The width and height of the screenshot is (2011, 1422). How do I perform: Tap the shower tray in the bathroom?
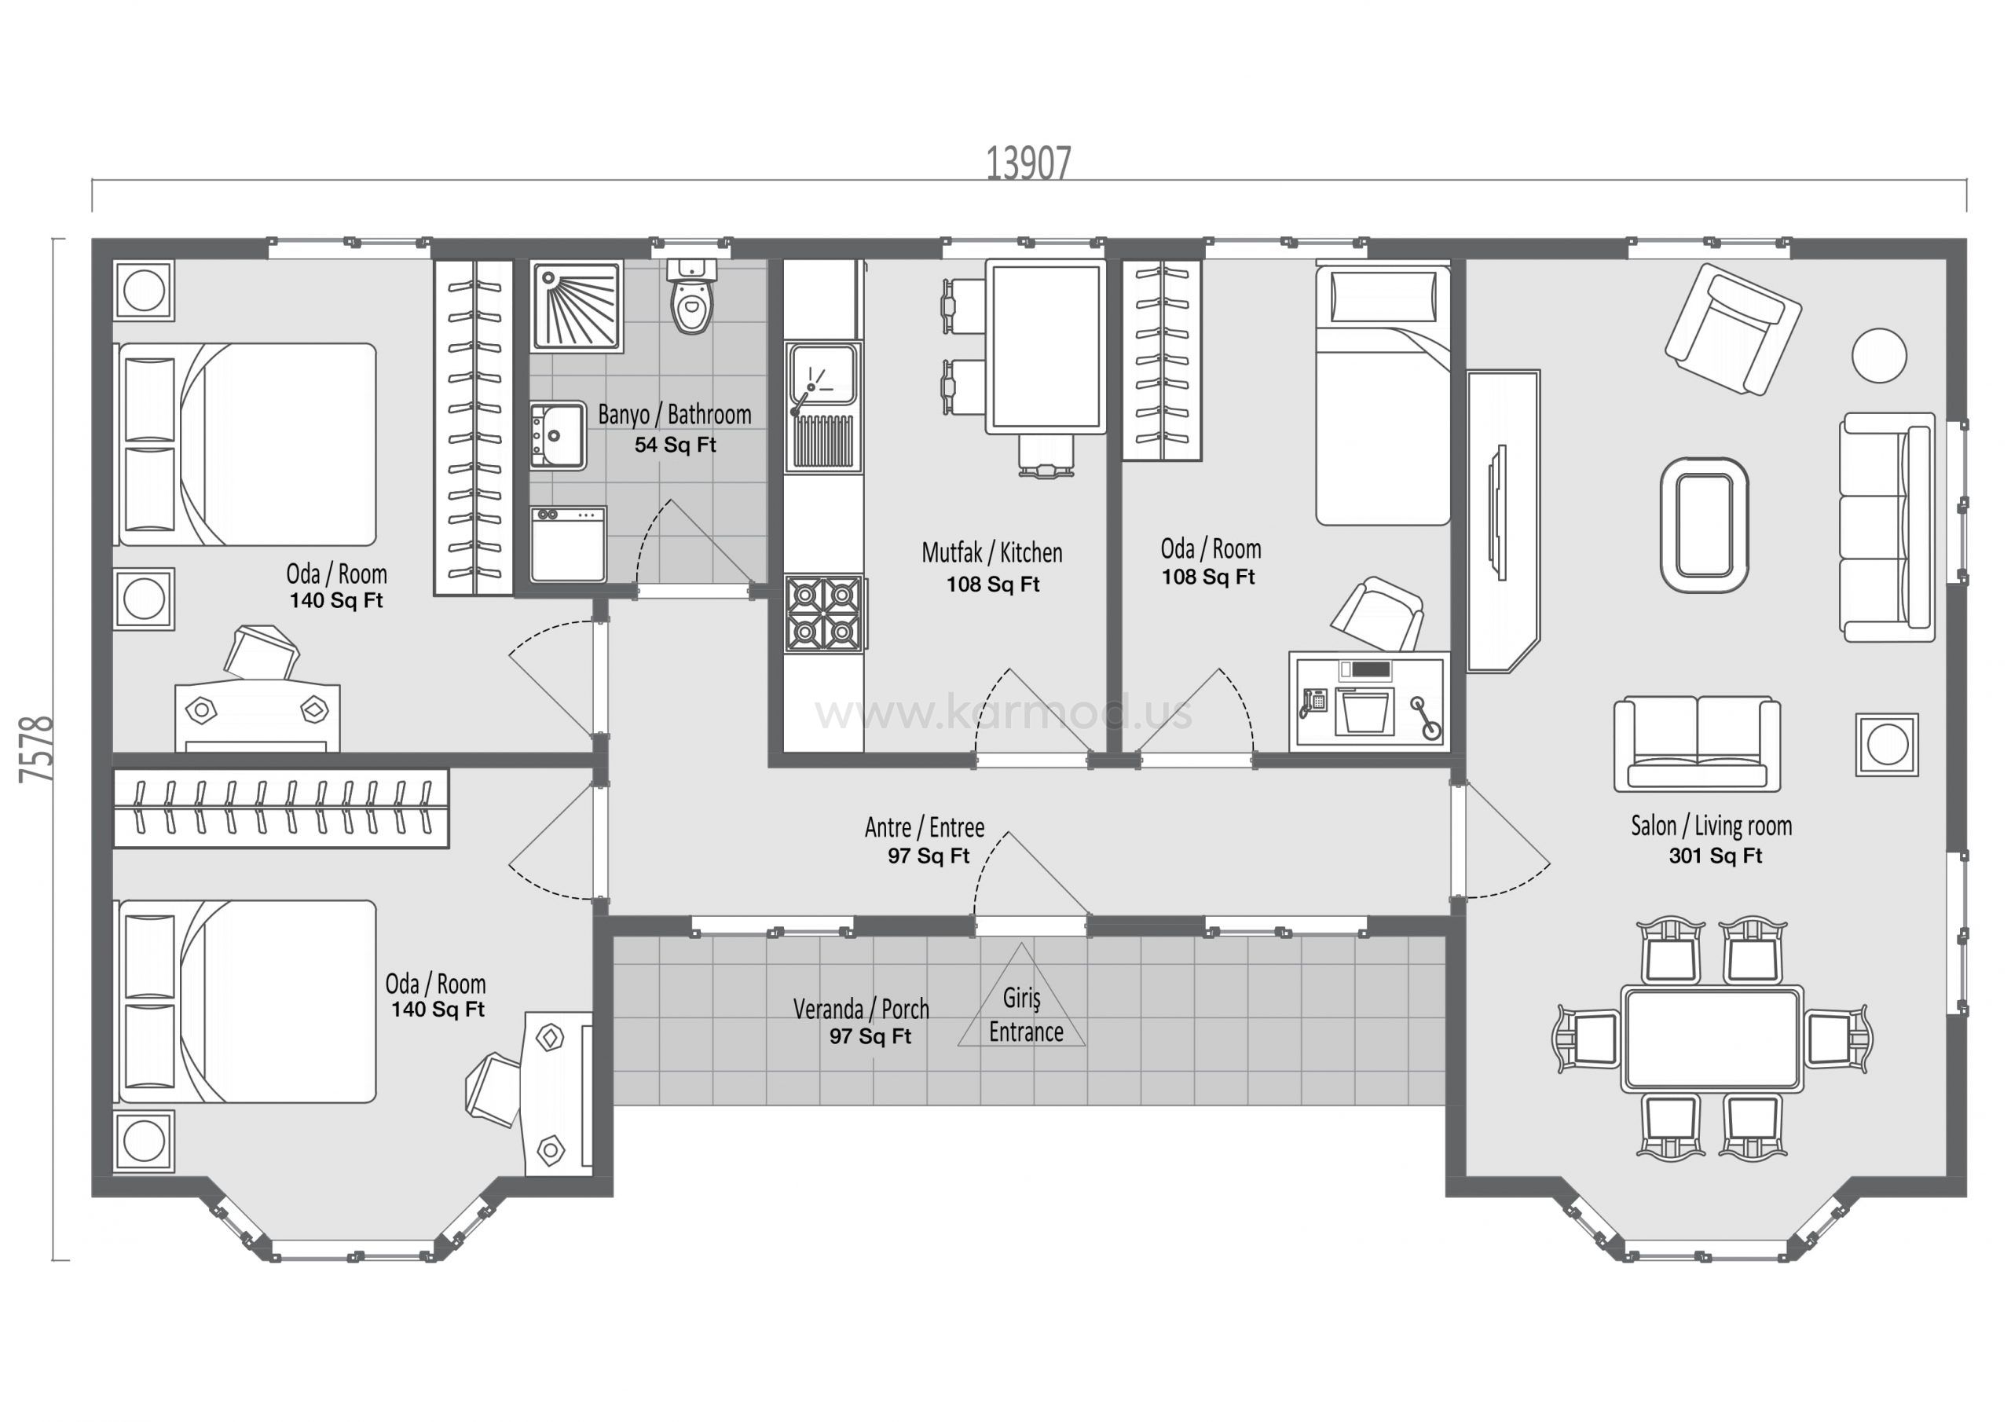tap(577, 306)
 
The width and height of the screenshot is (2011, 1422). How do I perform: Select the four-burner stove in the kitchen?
tap(823, 614)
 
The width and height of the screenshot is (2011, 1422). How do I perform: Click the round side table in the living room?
tap(1879, 355)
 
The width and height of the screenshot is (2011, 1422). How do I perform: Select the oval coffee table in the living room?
tap(1705, 525)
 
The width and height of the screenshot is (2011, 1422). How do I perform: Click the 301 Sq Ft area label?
tap(1715, 856)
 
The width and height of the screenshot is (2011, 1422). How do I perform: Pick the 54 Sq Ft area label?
tap(676, 445)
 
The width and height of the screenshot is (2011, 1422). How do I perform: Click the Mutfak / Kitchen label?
tap(991, 553)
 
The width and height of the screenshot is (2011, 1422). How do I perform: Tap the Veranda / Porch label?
tap(861, 1010)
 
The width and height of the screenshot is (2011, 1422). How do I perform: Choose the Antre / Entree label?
tap(924, 828)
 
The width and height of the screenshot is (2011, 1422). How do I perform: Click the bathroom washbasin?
tap(558, 435)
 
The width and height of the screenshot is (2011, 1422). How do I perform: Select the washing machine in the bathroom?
tap(569, 544)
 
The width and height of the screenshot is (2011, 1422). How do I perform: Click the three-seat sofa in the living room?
tap(1887, 527)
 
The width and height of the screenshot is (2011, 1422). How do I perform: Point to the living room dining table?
tap(1712, 1039)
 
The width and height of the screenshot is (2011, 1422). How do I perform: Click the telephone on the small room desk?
tap(1313, 701)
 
